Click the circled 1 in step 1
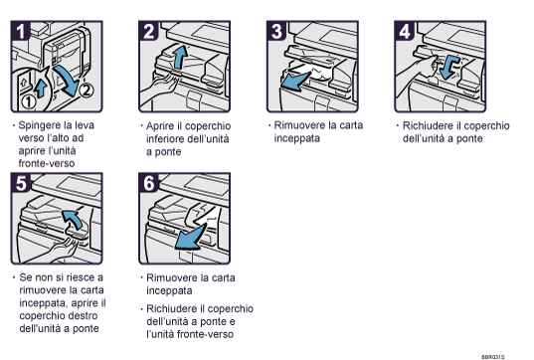pos(29,99)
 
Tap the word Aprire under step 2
pos(163,128)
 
